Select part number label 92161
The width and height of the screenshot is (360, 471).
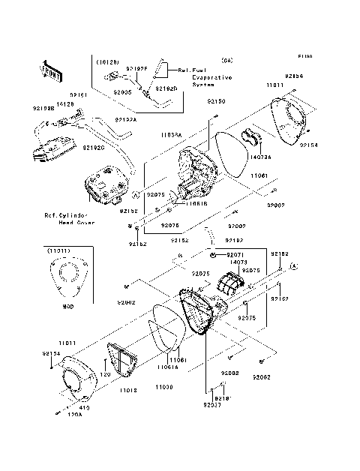[80, 95]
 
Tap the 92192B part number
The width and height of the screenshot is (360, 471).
[43, 108]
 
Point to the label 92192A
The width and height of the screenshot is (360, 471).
[125, 119]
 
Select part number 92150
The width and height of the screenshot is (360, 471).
[216, 100]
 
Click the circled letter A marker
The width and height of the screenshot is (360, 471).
[295, 266]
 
